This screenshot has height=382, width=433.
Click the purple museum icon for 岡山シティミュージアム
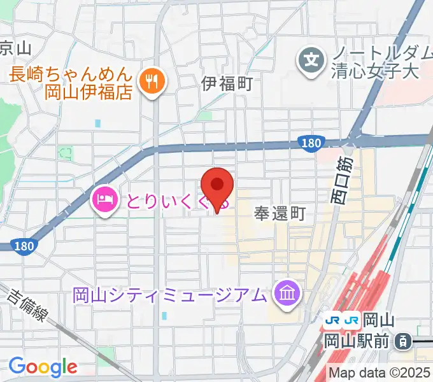click(x=287, y=294)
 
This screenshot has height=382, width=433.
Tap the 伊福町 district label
click(x=227, y=82)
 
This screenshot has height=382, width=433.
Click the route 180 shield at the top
click(x=307, y=143)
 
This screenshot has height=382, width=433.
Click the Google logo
click(x=42, y=367)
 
